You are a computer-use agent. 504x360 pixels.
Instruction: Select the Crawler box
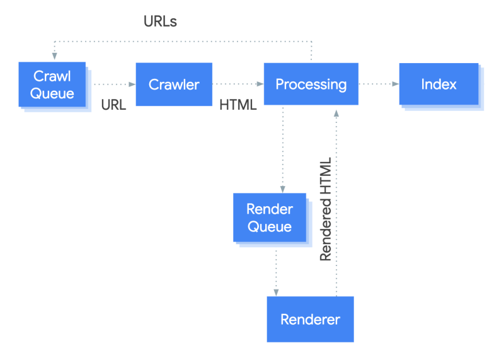click(x=174, y=84)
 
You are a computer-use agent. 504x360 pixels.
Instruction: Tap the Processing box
click(x=311, y=84)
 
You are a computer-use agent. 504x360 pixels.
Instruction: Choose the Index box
click(x=438, y=84)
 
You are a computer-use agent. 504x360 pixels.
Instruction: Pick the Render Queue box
click(x=270, y=218)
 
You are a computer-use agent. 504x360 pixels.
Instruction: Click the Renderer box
click(x=310, y=319)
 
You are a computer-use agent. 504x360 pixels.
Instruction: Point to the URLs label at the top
click(x=160, y=21)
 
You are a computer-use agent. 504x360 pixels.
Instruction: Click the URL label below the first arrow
click(x=113, y=105)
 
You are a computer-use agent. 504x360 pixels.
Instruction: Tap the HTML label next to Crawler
click(x=238, y=105)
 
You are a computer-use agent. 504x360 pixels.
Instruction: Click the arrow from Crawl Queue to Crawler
click(x=113, y=84)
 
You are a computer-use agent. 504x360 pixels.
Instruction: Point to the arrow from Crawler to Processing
click(x=238, y=84)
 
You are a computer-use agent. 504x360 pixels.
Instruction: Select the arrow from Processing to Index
click(x=378, y=84)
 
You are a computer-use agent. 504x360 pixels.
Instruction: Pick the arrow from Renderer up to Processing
click(x=337, y=202)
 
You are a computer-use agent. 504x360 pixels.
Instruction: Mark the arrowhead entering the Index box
click(x=396, y=84)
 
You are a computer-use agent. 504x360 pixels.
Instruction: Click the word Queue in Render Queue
click(x=270, y=227)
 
